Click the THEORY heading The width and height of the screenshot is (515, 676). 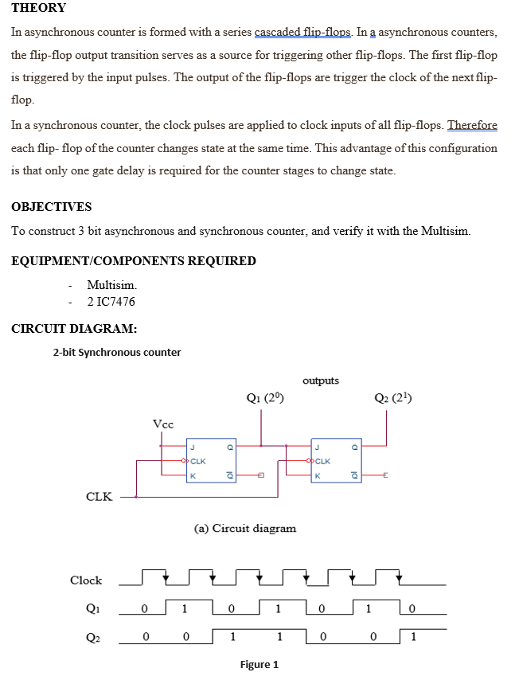pyautogui.click(x=39, y=8)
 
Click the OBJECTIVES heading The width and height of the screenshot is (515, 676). pyautogui.click(x=52, y=207)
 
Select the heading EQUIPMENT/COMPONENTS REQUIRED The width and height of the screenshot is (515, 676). pyautogui.click(x=134, y=261)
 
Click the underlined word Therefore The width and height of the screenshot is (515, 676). pyautogui.click(x=473, y=126)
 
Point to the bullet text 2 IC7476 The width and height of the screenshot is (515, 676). pyautogui.click(x=111, y=302)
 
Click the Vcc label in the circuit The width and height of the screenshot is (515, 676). pyautogui.click(x=162, y=424)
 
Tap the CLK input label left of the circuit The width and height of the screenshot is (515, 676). pyautogui.click(x=99, y=497)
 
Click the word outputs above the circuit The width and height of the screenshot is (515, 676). pyautogui.click(x=321, y=381)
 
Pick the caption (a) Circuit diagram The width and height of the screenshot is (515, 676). pyautogui.click(x=245, y=528)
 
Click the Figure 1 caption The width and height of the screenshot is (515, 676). pyautogui.click(x=259, y=665)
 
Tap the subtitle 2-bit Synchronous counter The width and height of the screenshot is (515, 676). pyautogui.click(x=117, y=352)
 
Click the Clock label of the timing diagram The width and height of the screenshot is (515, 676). pyautogui.click(x=86, y=580)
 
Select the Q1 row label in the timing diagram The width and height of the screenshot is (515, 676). pyautogui.click(x=92, y=609)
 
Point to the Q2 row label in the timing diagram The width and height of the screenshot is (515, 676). pyautogui.click(x=92, y=639)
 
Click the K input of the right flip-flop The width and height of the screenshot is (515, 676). pyautogui.click(x=318, y=475)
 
